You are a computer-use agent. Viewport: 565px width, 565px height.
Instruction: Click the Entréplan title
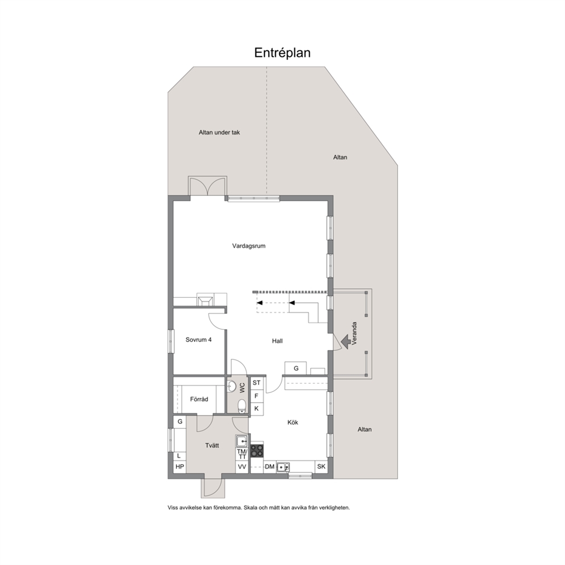[282, 53]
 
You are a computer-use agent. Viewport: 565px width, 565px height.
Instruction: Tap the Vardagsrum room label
[249, 246]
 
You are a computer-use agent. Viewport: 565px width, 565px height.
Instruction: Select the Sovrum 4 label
[199, 340]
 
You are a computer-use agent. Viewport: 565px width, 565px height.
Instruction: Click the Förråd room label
[199, 399]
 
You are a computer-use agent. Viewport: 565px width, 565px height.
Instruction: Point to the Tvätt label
[212, 446]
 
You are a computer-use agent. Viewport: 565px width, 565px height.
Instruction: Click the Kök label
[293, 422]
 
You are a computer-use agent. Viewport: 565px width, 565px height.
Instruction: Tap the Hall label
[277, 341]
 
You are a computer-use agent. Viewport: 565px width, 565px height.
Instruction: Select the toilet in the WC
[242, 407]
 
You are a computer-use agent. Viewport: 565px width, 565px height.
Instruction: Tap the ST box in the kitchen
[256, 383]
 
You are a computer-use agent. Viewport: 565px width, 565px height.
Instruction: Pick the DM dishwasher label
[269, 466]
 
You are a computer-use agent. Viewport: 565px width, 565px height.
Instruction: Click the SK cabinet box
[321, 466]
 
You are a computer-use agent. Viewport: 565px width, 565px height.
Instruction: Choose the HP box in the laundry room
[180, 467]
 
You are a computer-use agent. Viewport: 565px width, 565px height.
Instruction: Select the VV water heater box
[242, 467]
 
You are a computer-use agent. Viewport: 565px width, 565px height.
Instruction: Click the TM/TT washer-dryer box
[242, 454]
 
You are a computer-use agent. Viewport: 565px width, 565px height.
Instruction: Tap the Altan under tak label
[219, 133]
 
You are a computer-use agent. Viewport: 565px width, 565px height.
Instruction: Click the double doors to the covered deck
[207, 187]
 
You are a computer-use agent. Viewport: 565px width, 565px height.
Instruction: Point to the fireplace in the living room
[205, 300]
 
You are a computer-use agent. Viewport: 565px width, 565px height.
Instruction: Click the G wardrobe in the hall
[296, 369]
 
